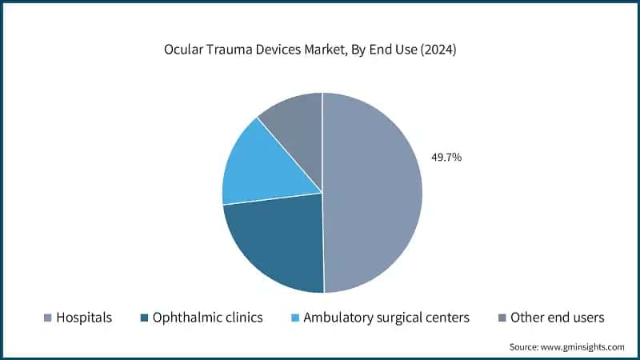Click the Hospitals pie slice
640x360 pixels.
click(x=372, y=192)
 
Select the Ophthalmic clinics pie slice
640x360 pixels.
click(x=276, y=244)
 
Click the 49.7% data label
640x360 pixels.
click(x=446, y=158)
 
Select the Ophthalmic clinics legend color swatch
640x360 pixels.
click(x=144, y=318)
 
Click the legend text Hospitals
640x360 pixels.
click(x=84, y=318)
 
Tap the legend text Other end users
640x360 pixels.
click(x=557, y=318)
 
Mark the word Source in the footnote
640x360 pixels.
click(x=524, y=346)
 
